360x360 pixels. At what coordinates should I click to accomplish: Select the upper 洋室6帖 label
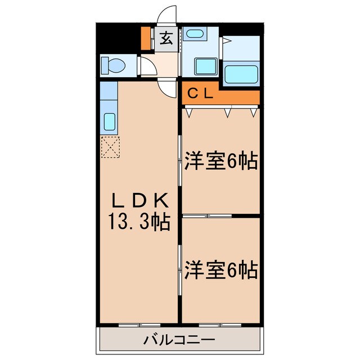(220, 162)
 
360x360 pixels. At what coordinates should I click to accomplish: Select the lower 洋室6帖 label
(220, 270)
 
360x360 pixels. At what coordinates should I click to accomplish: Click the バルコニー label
(180, 340)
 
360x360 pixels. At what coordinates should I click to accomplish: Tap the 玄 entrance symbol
(166, 39)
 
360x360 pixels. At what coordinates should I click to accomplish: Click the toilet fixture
(114, 66)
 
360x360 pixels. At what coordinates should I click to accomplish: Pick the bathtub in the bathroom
(241, 73)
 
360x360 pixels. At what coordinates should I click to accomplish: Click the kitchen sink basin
(110, 121)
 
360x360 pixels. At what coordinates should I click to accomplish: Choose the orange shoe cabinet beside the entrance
(146, 38)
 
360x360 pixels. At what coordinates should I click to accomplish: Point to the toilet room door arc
(148, 67)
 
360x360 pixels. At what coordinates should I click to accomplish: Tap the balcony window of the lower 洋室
(219, 325)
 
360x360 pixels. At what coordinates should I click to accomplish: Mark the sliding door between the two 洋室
(207, 216)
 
